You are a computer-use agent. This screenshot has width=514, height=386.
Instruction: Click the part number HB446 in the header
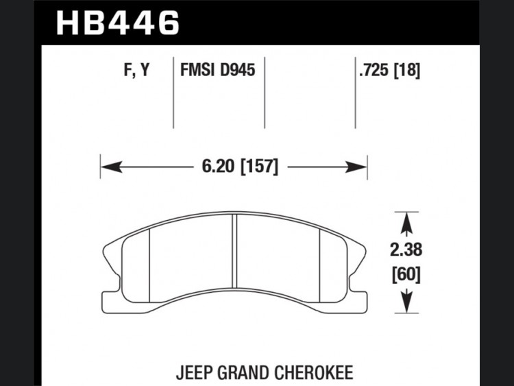click(118, 23)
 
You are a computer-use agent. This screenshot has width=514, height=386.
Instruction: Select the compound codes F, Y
click(136, 70)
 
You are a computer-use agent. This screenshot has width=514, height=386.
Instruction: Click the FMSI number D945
click(237, 70)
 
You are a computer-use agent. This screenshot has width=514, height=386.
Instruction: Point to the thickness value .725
click(374, 70)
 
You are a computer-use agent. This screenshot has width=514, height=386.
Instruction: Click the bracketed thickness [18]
click(406, 70)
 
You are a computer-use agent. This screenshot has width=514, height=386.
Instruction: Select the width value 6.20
click(219, 167)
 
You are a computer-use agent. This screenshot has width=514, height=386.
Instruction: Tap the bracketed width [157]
click(259, 167)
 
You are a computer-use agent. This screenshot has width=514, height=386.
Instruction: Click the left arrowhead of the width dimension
click(112, 167)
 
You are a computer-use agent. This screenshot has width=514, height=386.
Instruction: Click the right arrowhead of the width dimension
click(356, 167)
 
